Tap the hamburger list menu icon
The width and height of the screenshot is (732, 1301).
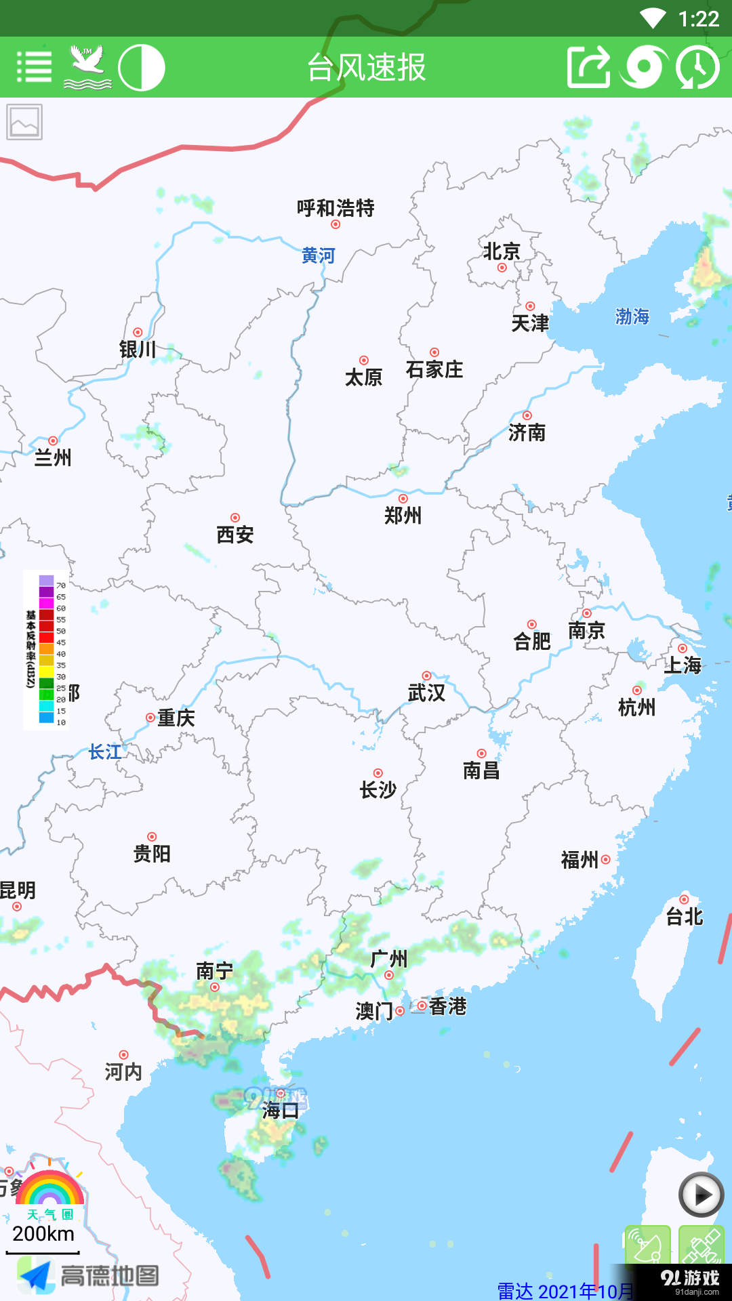coord(34,67)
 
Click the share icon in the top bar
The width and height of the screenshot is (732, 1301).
coord(588,67)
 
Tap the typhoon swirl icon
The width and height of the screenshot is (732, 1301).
coord(643,67)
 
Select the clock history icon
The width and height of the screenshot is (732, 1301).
coord(697,67)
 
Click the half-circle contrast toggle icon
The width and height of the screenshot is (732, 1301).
coord(142,67)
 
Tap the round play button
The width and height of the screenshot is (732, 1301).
coord(701,1195)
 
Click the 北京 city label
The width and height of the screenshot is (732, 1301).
coord(502,252)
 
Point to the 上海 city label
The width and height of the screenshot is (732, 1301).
coord(683,665)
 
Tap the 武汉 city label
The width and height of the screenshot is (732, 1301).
coord(426,693)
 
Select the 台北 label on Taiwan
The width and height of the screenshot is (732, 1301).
coord(685,917)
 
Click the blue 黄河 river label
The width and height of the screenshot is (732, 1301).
coord(319,255)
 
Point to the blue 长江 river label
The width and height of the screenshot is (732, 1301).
coord(105,751)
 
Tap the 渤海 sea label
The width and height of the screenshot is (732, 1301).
coord(632,316)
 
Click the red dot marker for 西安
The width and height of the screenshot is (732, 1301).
coord(235,518)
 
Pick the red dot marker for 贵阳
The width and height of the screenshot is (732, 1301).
coord(152,837)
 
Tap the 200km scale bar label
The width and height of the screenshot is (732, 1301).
coord(43,1234)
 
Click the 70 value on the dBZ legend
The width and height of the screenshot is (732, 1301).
coord(61,585)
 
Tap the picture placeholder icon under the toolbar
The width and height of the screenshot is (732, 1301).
coord(24,122)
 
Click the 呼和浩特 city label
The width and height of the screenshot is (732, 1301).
coord(335,208)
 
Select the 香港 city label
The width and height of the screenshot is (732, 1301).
coord(448,1006)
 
